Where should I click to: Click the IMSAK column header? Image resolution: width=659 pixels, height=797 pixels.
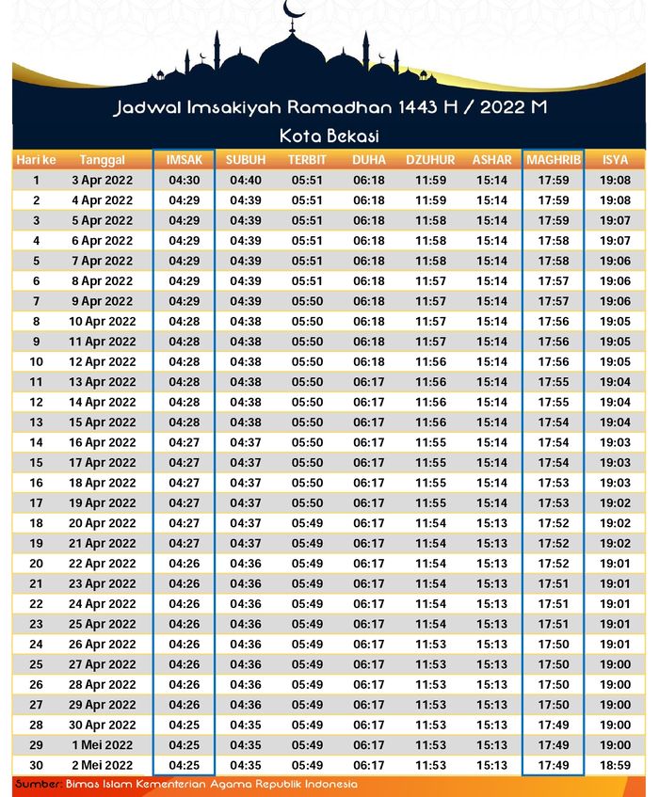click(185, 160)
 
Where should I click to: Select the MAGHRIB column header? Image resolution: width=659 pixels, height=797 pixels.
click(554, 160)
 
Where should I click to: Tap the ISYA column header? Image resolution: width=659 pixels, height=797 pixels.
click(615, 160)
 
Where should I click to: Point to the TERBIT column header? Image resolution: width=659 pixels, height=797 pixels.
click(307, 160)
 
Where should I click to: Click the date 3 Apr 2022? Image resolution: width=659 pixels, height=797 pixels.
click(103, 180)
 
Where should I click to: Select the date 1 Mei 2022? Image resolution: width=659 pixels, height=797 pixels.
click(103, 745)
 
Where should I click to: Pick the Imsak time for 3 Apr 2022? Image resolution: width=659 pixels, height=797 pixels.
click(185, 180)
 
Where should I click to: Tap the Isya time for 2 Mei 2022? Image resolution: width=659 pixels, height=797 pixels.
click(615, 765)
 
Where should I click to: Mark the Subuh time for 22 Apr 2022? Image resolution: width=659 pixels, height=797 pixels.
click(246, 564)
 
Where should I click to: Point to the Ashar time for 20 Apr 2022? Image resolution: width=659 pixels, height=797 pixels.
click(491, 523)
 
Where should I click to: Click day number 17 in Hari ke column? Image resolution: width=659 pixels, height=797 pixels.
click(36, 503)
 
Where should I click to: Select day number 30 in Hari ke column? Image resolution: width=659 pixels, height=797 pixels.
click(36, 765)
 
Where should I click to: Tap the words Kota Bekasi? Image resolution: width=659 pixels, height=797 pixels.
click(329, 135)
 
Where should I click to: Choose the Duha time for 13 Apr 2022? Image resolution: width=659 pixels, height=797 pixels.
click(369, 382)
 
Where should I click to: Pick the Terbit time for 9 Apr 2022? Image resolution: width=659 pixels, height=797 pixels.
click(307, 301)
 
